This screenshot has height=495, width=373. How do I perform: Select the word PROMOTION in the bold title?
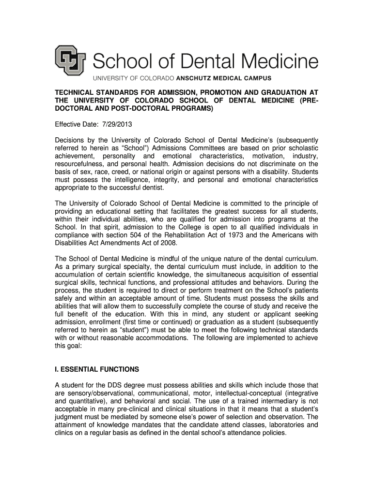tap(212, 92)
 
